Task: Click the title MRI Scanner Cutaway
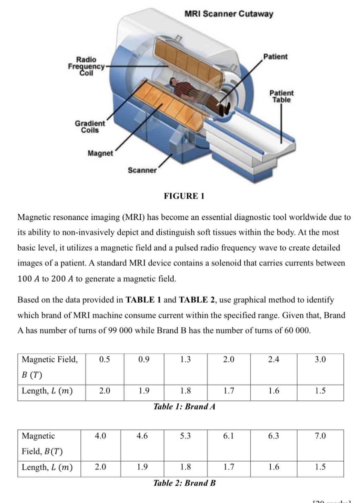click(229, 14)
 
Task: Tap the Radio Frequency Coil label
click(86, 66)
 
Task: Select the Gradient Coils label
click(90, 127)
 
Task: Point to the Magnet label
click(100, 153)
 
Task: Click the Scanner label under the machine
click(142, 170)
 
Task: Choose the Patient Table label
click(281, 96)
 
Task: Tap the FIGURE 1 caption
click(184, 196)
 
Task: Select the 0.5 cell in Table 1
click(104, 360)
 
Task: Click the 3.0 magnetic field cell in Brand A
click(320, 360)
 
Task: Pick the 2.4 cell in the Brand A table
click(273, 360)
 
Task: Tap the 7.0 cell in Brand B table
click(320, 436)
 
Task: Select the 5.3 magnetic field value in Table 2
click(185, 436)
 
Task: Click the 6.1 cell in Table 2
click(229, 436)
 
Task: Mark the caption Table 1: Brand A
click(184, 407)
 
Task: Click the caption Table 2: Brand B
click(184, 483)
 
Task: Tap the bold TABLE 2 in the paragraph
click(198, 300)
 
